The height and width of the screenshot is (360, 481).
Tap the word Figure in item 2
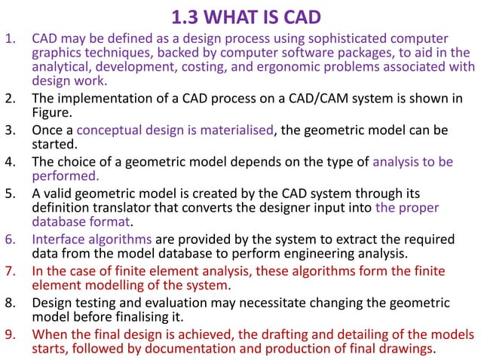pos(51,112)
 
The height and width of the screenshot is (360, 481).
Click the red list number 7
pos(11,271)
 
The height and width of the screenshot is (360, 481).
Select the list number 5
pos(11,193)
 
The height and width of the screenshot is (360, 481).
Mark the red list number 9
pos(11,334)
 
